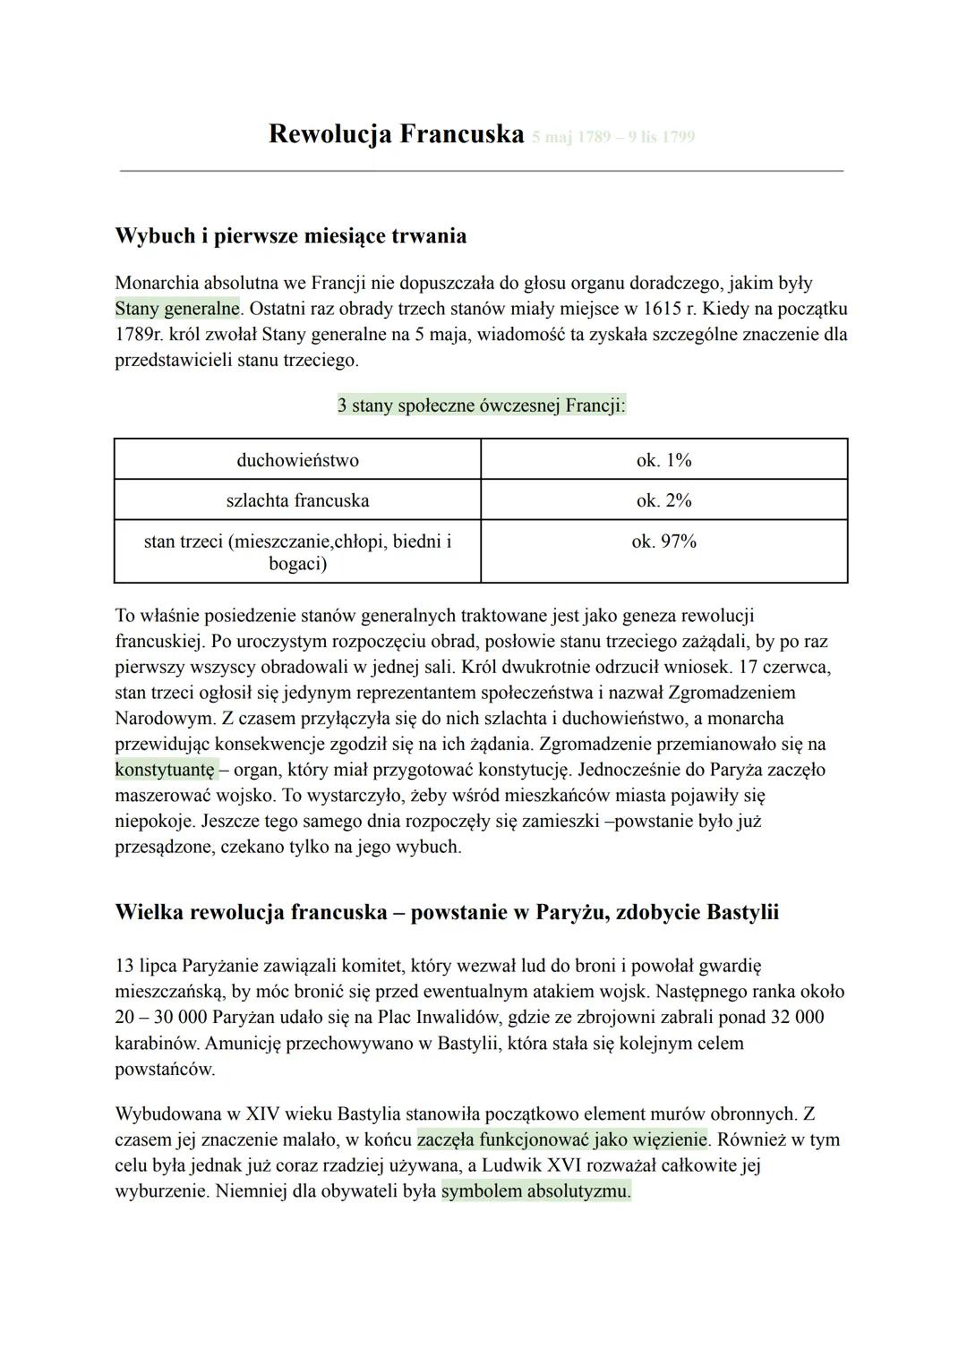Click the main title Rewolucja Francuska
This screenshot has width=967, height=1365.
[x=395, y=134]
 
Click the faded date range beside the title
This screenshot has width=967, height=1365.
[x=612, y=137]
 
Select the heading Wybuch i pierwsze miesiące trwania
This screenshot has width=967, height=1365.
[x=291, y=236]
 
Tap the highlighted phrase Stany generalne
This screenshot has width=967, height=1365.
[x=177, y=309]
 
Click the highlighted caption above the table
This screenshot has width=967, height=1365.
[x=481, y=405]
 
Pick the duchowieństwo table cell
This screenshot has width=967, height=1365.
[x=297, y=460]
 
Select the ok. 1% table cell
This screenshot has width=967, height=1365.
[x=663, y=460]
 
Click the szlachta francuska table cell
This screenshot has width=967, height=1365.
[x=297, y=500]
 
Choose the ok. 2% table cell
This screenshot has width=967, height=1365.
[x=663, y=500]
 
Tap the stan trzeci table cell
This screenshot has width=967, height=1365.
[x=297, y=552]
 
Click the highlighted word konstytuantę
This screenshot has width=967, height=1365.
[x=166, y=770]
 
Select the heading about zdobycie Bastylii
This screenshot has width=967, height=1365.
[x=447, y=912]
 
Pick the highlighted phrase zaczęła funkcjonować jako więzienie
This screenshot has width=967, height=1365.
[x=562, y=1140]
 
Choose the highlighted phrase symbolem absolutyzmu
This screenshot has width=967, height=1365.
[x=535, y=1191]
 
